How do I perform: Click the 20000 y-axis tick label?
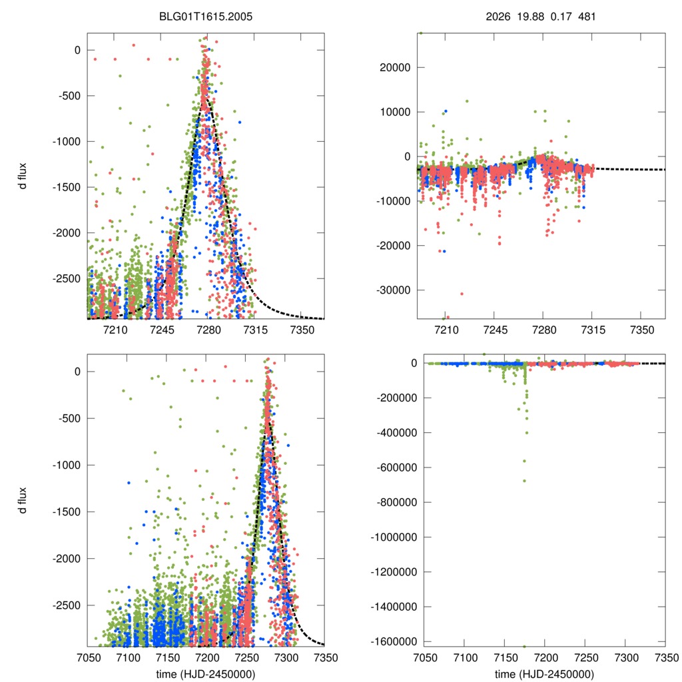pyautogui.click(x=394, y=67)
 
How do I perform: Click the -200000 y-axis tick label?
pyautogui.click(x=389, y=398)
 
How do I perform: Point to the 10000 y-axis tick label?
pyautogui.click(x=394, y=112)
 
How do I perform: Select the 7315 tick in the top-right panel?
pyautogui.click(x=592, y=329)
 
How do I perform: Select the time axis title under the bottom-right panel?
pyautogui.click(x=545, y=673)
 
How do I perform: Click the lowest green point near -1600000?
pyautogui.click(x=524, y=646)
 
